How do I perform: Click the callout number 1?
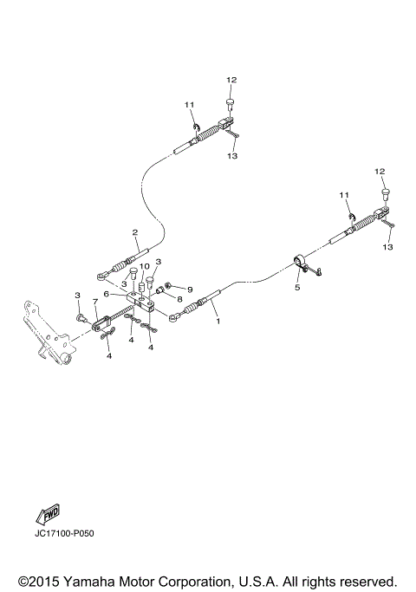(218, 320)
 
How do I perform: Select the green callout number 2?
(134, 232)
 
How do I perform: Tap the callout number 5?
(296, 286)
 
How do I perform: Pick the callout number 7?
(95, 302)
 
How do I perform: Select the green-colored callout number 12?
(379, 172)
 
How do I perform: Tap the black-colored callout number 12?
(231, 80)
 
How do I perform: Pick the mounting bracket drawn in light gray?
(43, 334)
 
